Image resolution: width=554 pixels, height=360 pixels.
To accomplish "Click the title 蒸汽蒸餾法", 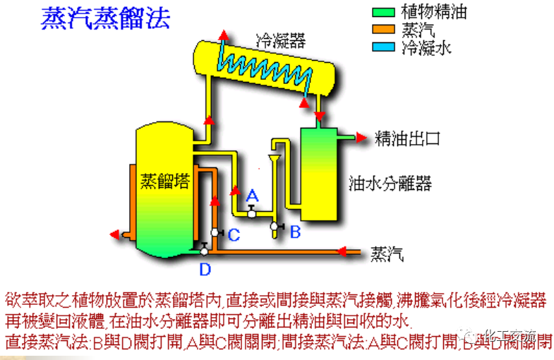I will click(x=105, y=18).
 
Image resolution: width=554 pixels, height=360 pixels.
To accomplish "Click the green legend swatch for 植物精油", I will click(x=385, y=12).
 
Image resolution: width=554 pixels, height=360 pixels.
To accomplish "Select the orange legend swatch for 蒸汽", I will click(x=385, y=30).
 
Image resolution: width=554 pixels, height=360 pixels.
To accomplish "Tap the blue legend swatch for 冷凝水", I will click(x=385, y=47).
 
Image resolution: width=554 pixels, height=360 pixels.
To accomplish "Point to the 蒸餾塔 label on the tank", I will click(x=164, y=181).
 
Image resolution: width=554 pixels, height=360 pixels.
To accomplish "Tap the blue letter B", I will click(x=296, y=231).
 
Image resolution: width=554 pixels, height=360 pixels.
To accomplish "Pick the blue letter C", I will click(x=234, y=233).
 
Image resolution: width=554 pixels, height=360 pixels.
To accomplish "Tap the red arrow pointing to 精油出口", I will click(x=364, y=137).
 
